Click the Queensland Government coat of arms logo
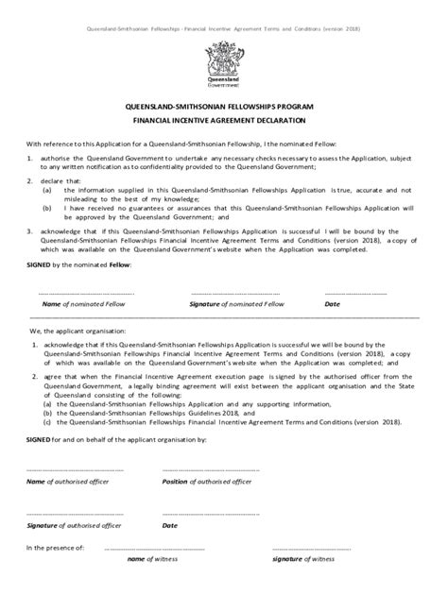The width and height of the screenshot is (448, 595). coord(223,62)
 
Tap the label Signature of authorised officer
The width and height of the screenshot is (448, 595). coord(73,525)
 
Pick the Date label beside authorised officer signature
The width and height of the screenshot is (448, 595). coord(170,525)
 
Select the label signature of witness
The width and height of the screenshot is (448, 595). coord(306,559)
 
